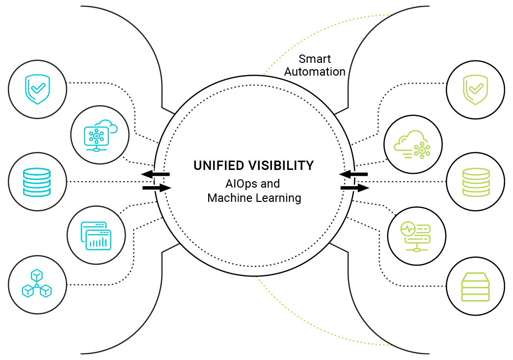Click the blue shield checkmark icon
(38, 89)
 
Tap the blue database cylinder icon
(37, 182)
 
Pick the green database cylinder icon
(475, 182)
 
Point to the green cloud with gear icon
(412, 144)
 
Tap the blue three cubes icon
(37, 284)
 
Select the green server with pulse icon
(416, 236)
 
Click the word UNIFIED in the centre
(218, 166)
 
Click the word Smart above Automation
(315, 59)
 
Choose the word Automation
(315, 72)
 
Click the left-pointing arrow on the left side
(156, 174)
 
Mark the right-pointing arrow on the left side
(157, 188)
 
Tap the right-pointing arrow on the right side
(355, 188)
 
